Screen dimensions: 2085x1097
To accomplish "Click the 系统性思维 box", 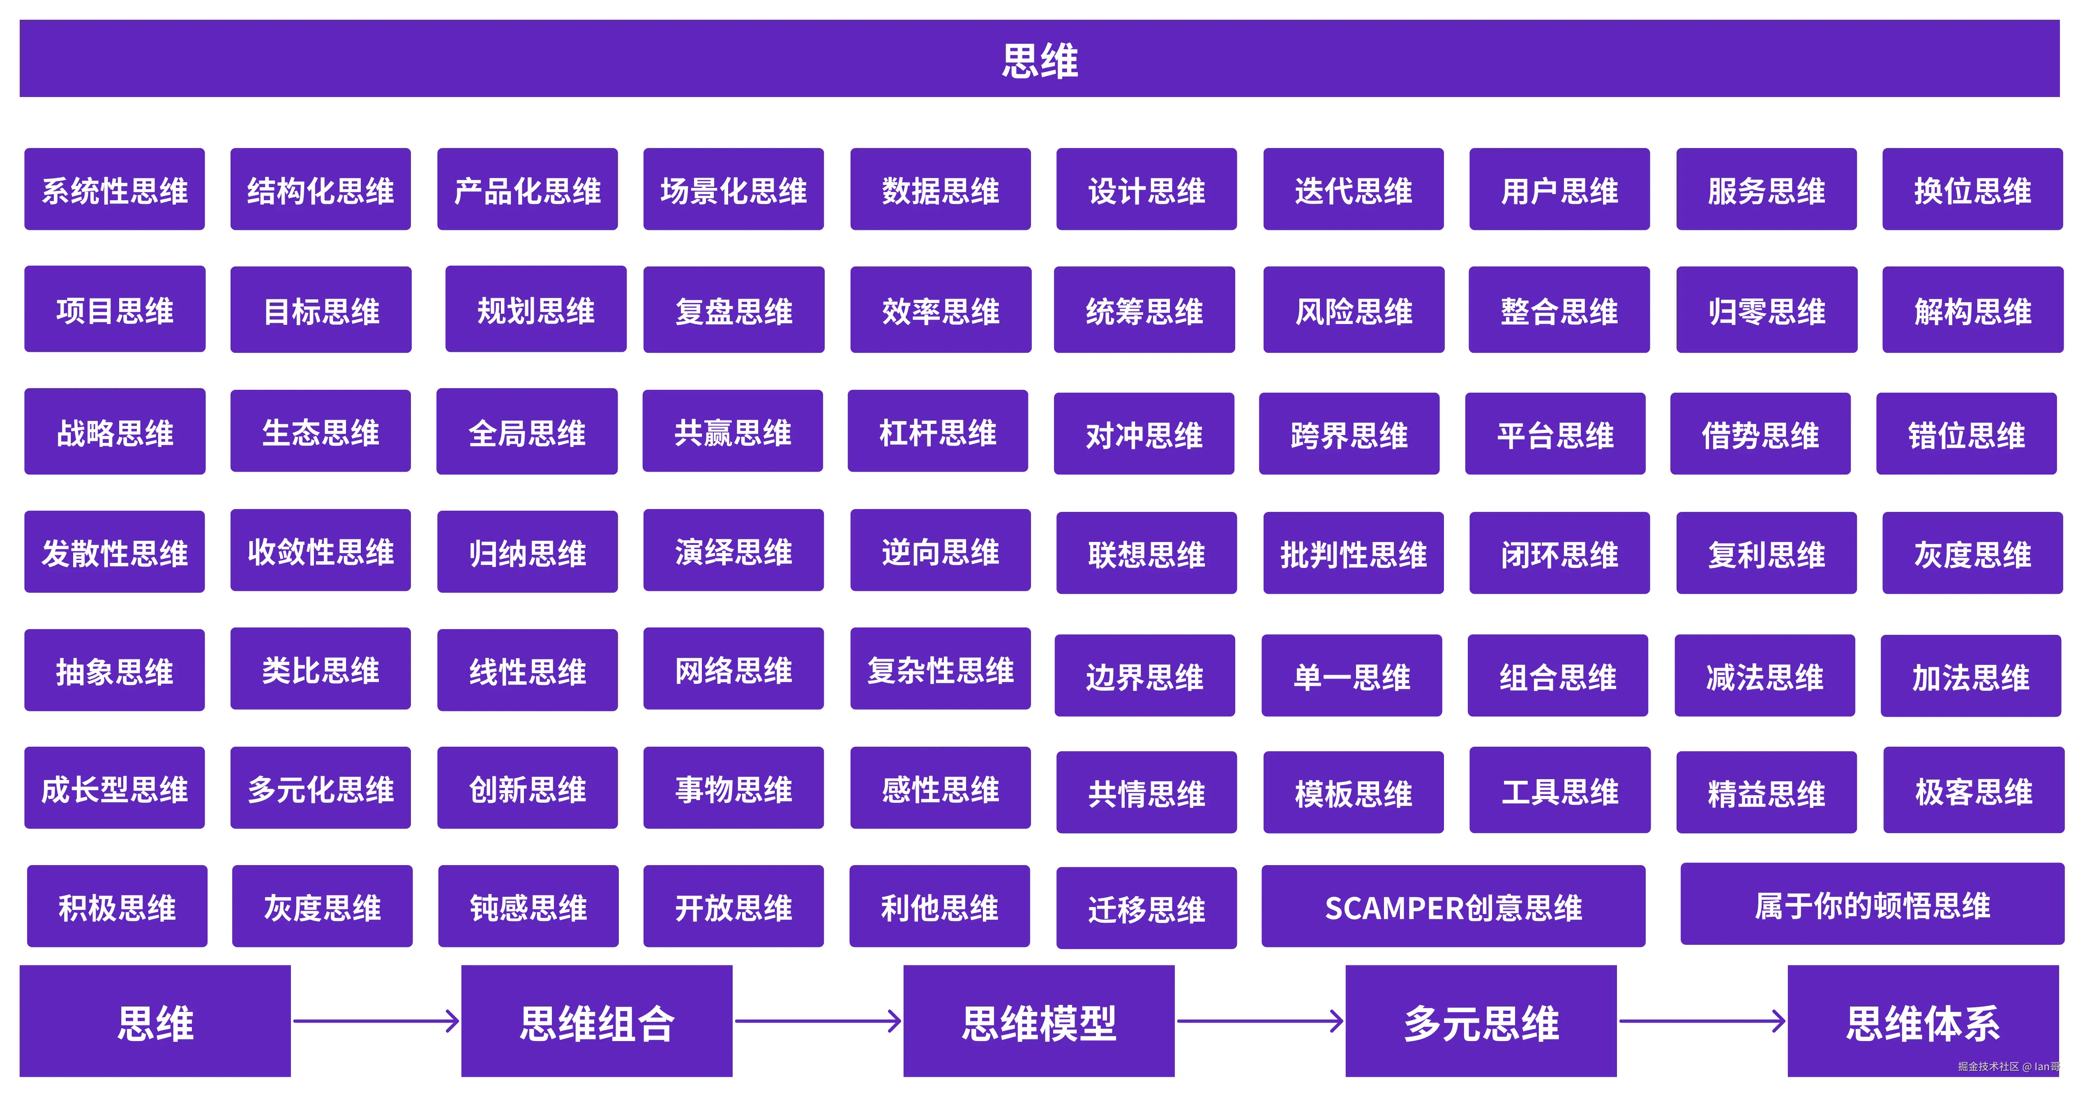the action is click(114, 190).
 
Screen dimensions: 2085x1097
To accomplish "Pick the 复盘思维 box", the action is click(733, 310).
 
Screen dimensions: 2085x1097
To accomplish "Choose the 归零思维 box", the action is click(1766, 310).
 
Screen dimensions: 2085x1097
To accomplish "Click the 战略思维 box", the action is click(114, 431).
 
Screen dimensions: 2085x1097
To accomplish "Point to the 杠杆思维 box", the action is click(937, 431).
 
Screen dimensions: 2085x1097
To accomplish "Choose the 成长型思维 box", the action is click(114, 788).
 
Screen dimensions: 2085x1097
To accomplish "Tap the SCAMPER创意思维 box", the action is click(1453, 907).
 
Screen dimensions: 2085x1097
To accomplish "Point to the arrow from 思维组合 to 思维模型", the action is click(817, 1021).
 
